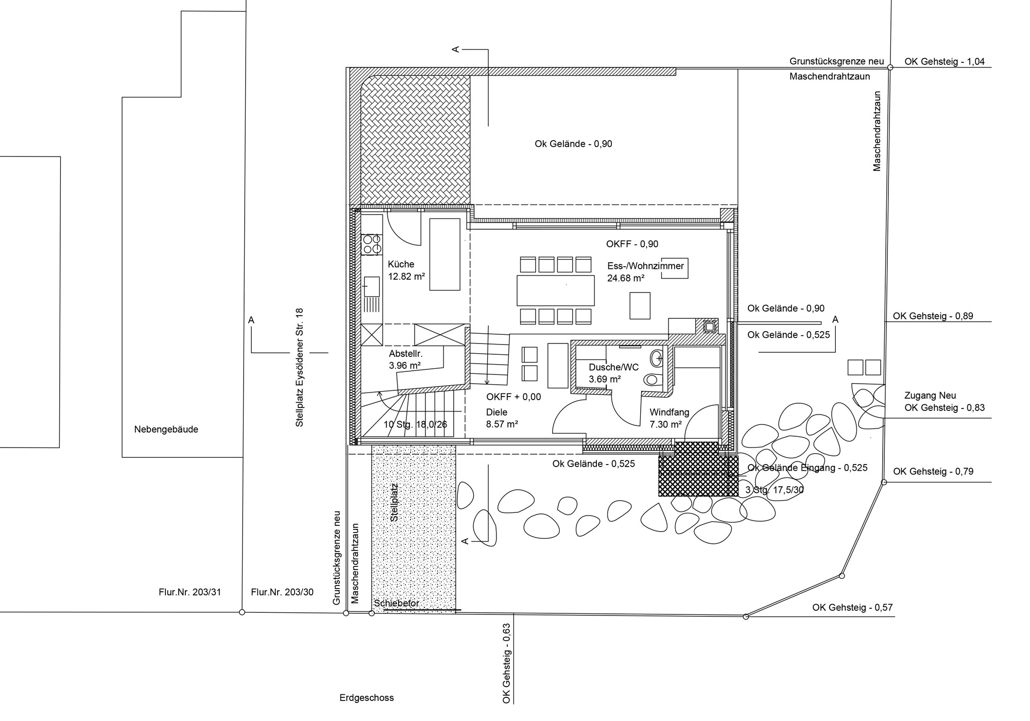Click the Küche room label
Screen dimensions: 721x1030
coord(401,264)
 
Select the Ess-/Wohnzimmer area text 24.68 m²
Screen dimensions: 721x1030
coord(626,278)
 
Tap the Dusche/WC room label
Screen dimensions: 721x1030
coord(613,367)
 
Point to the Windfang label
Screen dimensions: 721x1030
coord(669,412)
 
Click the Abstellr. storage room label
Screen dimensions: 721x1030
coord(406,354)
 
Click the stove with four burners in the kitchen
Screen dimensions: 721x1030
coord(371,244)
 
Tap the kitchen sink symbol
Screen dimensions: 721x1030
coord(372,286)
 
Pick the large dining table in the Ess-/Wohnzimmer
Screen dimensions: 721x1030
coord(556,290)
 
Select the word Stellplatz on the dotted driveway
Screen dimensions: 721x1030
coord(394,502)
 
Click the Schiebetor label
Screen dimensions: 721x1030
coord(397,603)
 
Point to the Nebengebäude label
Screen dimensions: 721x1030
coord(166,429)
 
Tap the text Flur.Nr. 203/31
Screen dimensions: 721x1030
coord(190,592)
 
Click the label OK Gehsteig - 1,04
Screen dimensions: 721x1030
coord(945,62)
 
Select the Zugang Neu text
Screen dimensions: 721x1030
coord(930,396)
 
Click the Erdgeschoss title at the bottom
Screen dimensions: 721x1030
coord(366,698)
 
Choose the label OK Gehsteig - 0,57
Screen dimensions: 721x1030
coord(852,608)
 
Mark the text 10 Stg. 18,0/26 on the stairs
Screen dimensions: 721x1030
coord(415,425)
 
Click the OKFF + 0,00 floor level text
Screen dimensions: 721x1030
coord(513,397)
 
